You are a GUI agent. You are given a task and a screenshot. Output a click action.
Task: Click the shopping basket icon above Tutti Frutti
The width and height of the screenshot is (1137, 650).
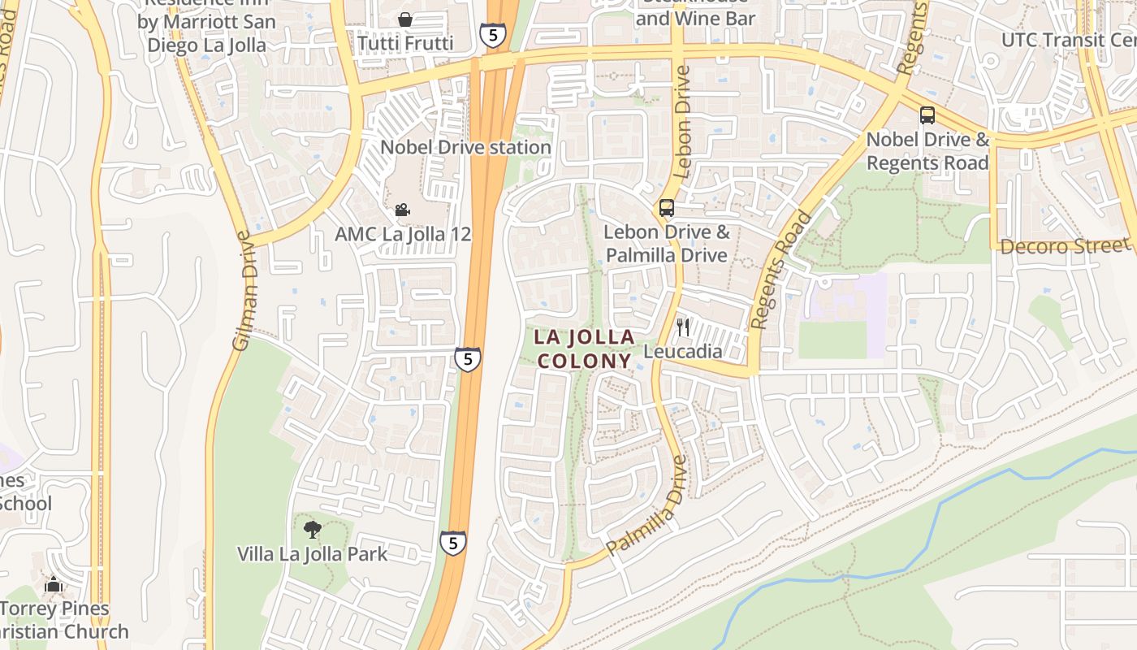click(404, 19)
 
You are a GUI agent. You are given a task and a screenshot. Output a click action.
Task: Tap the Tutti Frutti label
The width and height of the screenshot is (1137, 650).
click(405, 43)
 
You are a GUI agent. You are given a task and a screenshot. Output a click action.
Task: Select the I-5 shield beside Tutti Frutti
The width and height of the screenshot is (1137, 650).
click(492, 35)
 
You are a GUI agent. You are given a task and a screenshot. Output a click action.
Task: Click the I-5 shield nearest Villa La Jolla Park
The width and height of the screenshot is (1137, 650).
click(453, 542)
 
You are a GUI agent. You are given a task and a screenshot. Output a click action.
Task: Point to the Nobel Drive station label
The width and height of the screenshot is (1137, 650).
click(465, 147)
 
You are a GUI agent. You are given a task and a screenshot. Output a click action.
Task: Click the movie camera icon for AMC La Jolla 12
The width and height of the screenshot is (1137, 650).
click(402, 210)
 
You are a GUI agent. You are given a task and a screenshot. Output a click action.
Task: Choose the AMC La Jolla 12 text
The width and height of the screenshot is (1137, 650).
click(403, 234)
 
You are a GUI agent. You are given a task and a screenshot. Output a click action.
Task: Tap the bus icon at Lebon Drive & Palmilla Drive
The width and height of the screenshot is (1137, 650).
click(667, 208)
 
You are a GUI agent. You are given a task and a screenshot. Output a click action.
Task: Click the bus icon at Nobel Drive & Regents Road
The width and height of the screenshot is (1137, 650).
click(927, 115)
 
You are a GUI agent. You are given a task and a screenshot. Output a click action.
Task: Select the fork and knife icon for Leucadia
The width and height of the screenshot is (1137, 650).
click(683, 327)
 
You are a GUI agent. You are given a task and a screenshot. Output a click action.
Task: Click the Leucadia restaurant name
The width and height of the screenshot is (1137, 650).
click(682, 351)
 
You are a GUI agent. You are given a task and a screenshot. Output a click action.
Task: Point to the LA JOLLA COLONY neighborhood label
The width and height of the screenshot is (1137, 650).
click(584, 349)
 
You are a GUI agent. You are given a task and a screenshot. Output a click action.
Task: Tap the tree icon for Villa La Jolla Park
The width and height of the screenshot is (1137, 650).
click(312, 530)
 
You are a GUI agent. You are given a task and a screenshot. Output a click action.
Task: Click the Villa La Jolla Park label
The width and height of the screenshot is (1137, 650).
click(312, 554)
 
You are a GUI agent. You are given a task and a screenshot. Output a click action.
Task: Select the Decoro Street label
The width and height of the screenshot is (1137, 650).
click(1065, 245)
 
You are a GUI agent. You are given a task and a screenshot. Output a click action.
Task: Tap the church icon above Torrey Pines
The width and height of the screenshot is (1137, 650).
click(54, 584)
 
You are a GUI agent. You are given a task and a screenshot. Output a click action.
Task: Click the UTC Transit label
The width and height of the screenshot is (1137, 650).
click(1064, 40)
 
